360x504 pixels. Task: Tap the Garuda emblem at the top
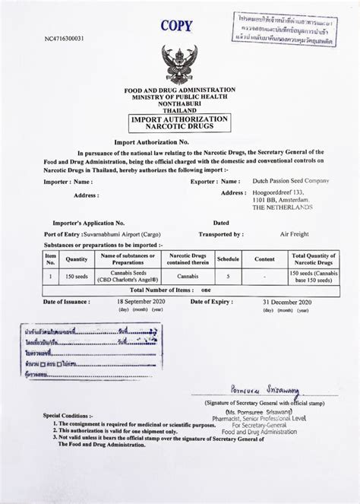click(x=179, y=65)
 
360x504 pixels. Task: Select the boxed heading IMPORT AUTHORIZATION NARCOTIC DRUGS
click(x=180, y=125)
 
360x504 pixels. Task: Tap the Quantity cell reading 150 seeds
click(x=77, y=277)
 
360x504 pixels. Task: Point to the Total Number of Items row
click(x=179, y=290)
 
